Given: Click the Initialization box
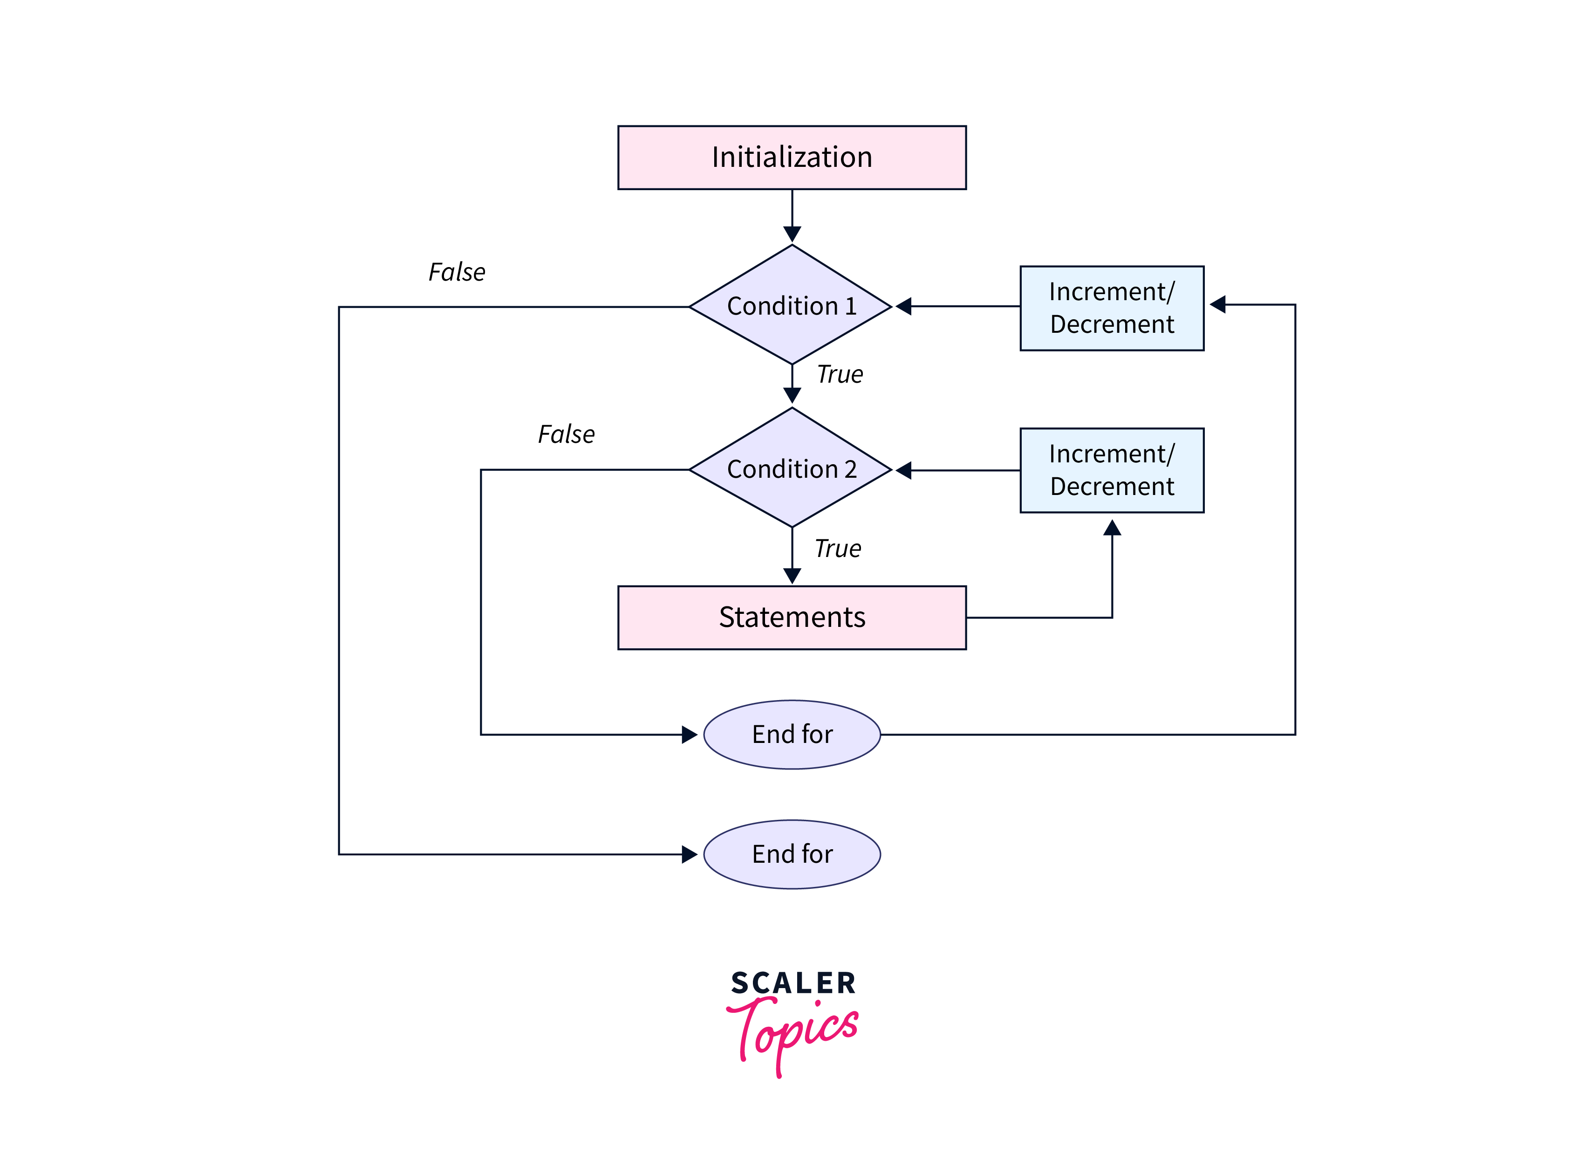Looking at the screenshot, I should (792, 157).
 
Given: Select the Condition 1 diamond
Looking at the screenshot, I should (792, 306).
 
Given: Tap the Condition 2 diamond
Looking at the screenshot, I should (792, 469).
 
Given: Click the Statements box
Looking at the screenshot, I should (792, 618).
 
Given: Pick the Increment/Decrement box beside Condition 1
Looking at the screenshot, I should (1112, 308).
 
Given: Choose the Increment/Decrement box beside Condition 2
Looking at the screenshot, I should (1112, 470).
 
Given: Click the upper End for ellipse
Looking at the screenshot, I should (792, 734).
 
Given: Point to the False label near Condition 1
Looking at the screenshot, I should (457, 272).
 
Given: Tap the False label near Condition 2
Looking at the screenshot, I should (566, 434).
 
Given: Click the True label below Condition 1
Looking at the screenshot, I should (840, 374).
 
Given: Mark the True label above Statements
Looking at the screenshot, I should (838, 549).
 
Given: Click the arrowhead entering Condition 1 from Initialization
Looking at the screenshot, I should (792, 234).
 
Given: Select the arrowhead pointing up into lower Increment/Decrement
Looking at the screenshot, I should (1112, 528).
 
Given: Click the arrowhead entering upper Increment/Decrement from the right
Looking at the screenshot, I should (1217, 304).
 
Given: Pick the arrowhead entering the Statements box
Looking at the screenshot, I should (792, 576).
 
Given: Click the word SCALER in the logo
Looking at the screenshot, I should (793, 983).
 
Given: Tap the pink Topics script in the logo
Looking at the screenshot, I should (793, 1031).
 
